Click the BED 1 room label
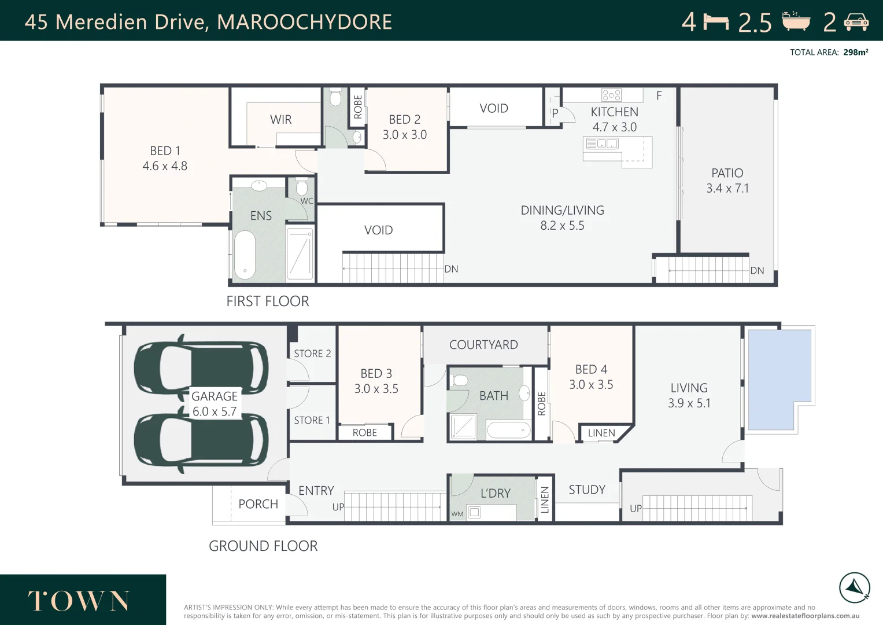[x=165, y=150]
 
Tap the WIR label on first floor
[x=280, y=120]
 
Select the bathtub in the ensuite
[x=245, y=255]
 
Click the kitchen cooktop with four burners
[x=611, y=95]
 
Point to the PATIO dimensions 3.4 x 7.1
[x=727, y=188]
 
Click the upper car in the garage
[x=201, y=367]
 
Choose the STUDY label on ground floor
[x=586, y=490]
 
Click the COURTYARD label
[x=483, y=345]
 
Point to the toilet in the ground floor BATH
[x=460, y=380]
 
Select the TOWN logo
[x=79, y=601]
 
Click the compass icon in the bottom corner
[x=854, y=588]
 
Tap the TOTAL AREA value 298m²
[x=855, y=52]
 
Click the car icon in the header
[x=856, y=22]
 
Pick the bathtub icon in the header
[x=796, y=21]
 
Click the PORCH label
[x=258, y=504]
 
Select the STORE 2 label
[x=312, y=354]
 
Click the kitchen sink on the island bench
[x=602, y=144]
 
